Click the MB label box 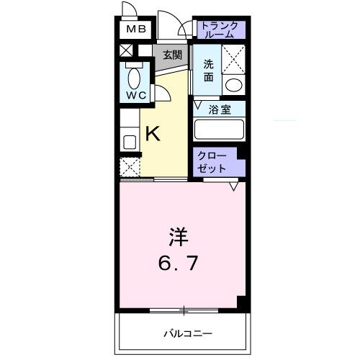click(136, 30)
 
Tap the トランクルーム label click(219, 30)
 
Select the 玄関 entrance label click(171, 55)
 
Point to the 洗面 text click(207, 68)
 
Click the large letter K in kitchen click(153, 133)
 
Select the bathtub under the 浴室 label click(220, 130)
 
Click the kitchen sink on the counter click(129, 140)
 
